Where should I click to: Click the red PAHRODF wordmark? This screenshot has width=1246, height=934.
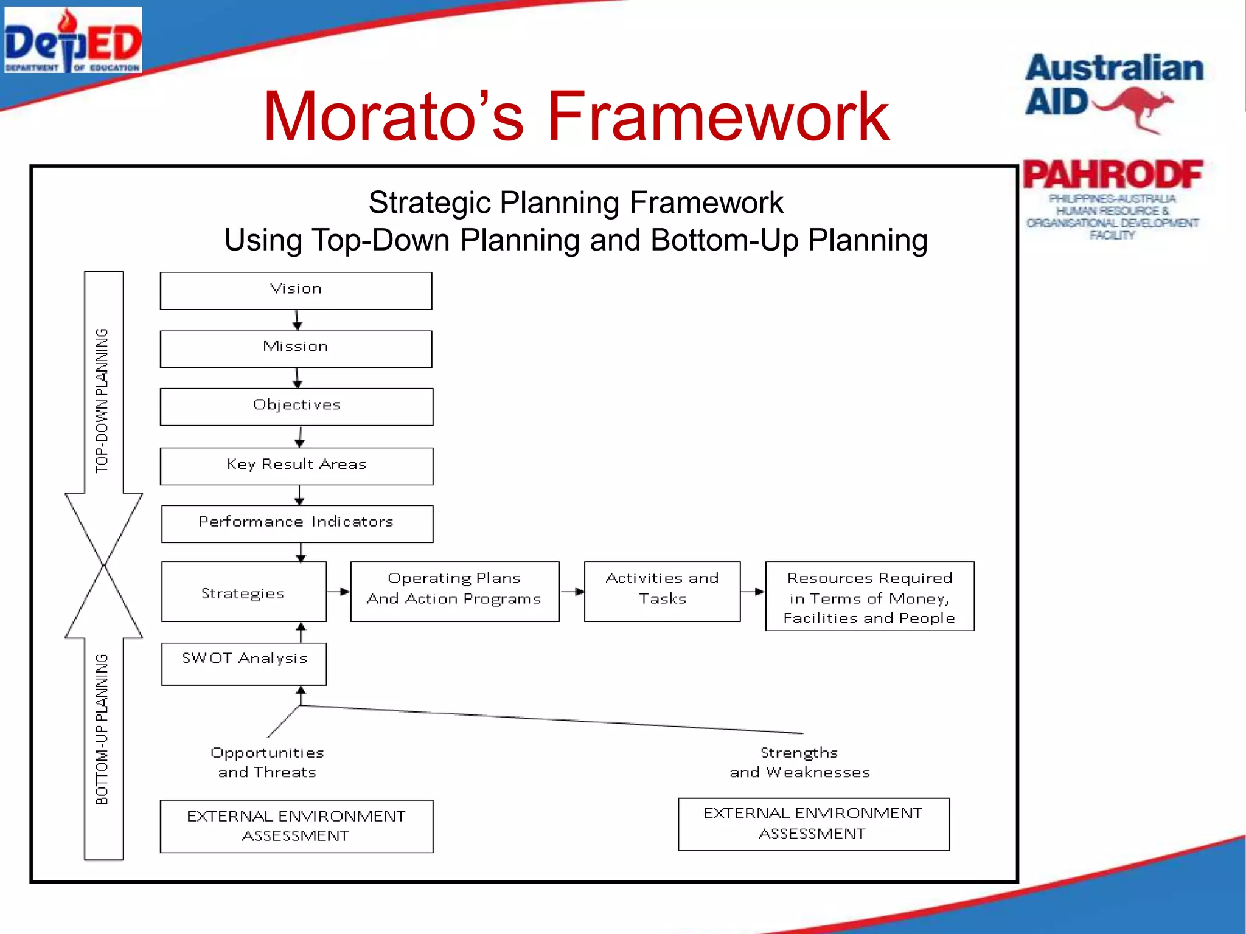pos(1112,175)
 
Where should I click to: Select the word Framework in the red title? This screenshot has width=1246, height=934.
pos(718,117)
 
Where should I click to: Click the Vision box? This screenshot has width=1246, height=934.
pos(296,291)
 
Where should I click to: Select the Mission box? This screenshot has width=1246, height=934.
pos(296,349)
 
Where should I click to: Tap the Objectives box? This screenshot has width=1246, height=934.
pos(296,407)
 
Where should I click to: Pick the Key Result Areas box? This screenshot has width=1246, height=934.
pos(296,466)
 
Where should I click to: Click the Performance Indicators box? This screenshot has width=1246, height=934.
pos(297,524)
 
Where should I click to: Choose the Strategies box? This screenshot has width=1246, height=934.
pos(243,592)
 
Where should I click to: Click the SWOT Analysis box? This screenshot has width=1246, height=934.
pos(243,664)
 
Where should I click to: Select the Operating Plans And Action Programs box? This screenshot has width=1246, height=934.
pos(454,591)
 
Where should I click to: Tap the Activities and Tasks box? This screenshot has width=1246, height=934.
pos(662,591)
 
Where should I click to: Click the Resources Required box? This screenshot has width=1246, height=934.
pos(869,597)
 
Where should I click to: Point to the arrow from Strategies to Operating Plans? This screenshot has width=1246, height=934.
pos(338,592)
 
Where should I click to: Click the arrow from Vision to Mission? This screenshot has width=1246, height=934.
pos(297,320)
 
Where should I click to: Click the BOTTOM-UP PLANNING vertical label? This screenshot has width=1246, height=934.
pos(102,730)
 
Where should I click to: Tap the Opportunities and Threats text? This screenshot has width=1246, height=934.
pos(267,763)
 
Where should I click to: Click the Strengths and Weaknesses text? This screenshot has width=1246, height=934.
pos(799,763)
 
